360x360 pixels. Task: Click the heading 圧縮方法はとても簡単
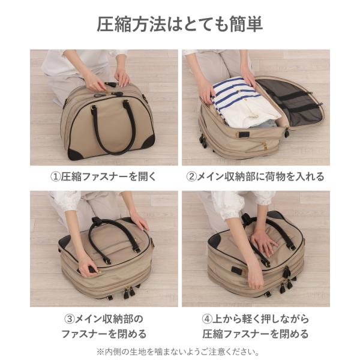(180, 24)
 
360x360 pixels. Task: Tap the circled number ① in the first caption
(55, 177)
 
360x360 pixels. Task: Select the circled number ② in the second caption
(191, 177)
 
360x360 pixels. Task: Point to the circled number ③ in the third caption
(70, 319)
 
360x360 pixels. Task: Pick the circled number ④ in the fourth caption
(207, 319)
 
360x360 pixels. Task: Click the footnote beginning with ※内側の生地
(178, 352)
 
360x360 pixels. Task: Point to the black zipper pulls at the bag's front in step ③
(127, 292)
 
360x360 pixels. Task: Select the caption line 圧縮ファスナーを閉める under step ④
(256, 334)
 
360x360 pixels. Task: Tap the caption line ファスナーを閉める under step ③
(104, 334)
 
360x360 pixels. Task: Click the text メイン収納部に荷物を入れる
(260, 177)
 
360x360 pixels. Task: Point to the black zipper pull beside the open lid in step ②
(287, 132)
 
